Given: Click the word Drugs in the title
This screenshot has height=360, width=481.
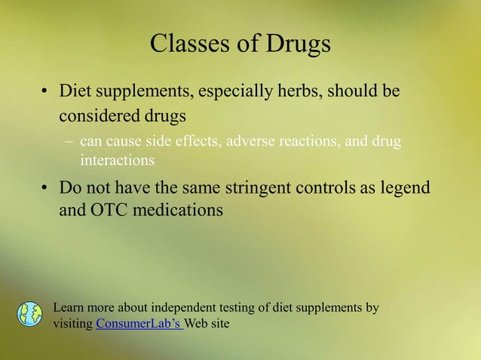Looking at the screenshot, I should [297, 44].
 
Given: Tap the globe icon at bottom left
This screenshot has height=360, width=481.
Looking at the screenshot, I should [29, 314].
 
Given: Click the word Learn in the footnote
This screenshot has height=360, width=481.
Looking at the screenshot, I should [69, 307].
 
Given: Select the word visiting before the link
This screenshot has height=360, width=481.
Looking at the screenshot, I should [73, 324].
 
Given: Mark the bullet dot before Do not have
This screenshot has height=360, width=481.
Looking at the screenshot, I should [44, 188].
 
